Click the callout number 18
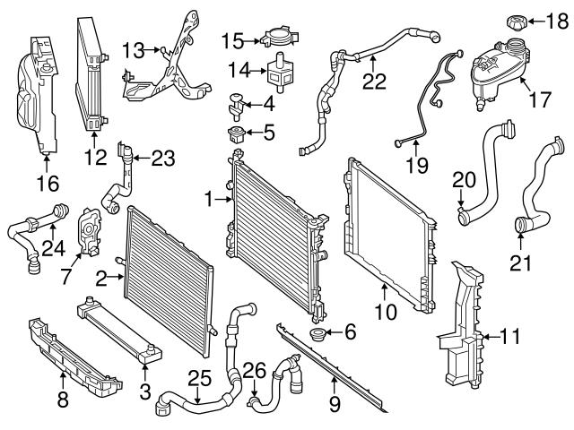pos(553,21)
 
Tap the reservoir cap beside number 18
pos(518,21)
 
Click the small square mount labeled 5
pos(237,135)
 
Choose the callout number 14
pos(237,70)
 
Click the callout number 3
pos(145,392)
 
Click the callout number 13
pos(134,47)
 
